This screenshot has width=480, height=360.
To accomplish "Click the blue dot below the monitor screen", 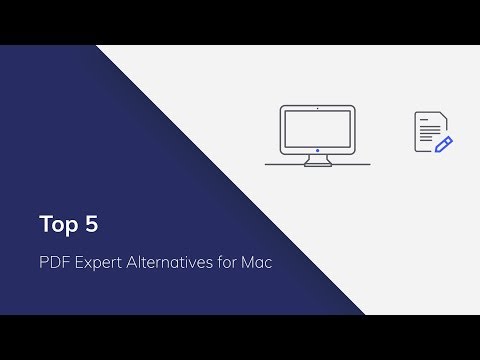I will click(318, 150).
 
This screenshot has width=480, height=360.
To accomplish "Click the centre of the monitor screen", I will click(318, 127).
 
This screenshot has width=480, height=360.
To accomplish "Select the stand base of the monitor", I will click(318, 161).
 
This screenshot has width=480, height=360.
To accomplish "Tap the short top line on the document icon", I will click(424, 122).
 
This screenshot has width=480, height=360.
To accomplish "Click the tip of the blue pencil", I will click(435, 151).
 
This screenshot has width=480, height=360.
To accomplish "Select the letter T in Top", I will click(46, 224).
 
